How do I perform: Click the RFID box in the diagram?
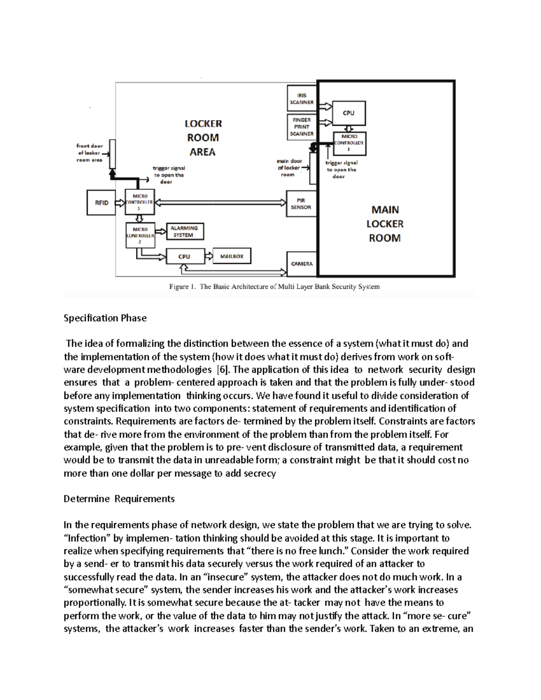tap(101, 203)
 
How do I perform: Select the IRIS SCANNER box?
tap(302, 99)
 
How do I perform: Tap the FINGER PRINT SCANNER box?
tap(301, 127)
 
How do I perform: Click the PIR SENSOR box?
tap(301, 204)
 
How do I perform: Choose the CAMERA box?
tap(302, 264)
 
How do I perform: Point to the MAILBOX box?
tap(232, 256)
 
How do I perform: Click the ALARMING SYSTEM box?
tap(184, 232)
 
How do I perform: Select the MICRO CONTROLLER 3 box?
tap(349, 143)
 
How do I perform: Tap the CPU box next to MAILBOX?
tap(185, 256)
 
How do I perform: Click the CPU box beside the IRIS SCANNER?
tap(348, 113)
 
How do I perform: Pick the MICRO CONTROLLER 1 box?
tap(139, 202)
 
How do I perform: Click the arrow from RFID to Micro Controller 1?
tap(119, 203)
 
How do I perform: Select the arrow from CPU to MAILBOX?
tap(209, 256)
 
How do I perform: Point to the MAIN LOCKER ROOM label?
tap(385, 224)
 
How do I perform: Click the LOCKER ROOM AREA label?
tap(203, 137)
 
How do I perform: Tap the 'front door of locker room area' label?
tap(90, 153)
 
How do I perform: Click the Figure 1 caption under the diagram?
tap(274, 286)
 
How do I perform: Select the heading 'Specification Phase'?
tap(105, 318)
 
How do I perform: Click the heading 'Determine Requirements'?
tap(119, 499)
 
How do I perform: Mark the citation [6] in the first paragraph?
tap(222, 370)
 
